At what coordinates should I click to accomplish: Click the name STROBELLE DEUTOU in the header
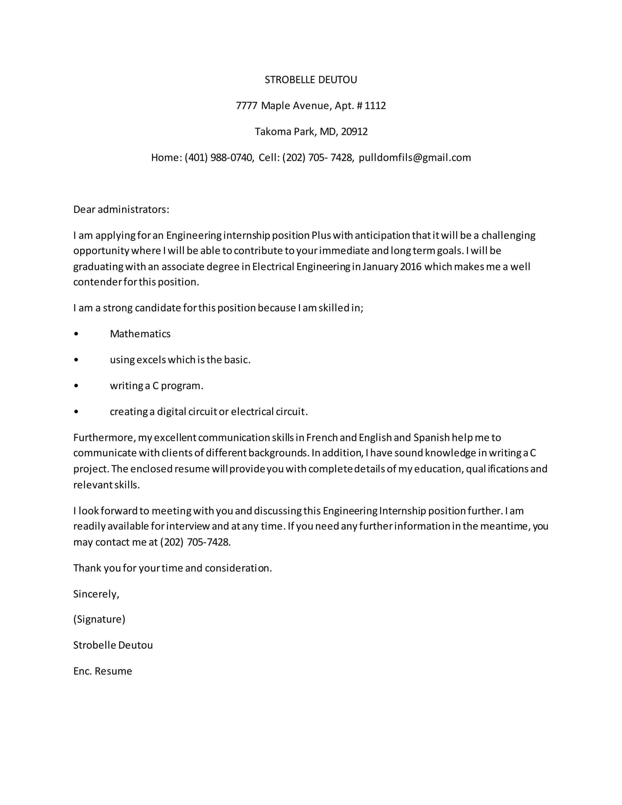[311, 80]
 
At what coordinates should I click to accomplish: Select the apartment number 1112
[375, 106]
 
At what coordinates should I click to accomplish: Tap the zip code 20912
[354, 132]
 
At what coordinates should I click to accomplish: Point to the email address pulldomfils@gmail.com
[415, 157]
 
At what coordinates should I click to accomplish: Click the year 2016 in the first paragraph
[411, 266]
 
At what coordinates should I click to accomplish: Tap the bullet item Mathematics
[140, 334]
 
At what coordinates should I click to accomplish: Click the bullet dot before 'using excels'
[76, 360]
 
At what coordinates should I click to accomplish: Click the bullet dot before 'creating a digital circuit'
[76, 412]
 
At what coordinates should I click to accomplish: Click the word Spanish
[432, 437]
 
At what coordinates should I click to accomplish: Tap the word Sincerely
[96, 594]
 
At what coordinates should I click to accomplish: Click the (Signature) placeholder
[99, 619]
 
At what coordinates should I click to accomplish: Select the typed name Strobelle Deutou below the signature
[113, 645]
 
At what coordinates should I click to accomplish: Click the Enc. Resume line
[102, 671]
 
